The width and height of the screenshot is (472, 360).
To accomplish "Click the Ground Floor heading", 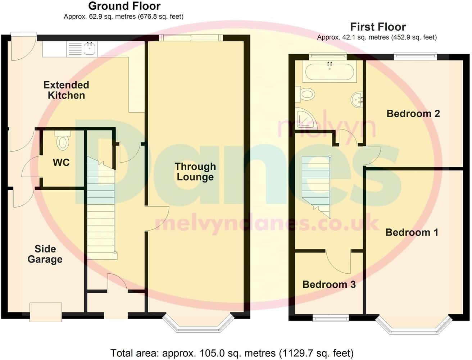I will (x=124, y=6).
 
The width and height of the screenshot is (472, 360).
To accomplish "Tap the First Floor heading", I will (x=378, y=27).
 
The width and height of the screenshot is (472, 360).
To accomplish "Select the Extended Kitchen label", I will (x=66, y=90).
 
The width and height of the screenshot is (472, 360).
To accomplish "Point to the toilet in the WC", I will (x=63, y=141).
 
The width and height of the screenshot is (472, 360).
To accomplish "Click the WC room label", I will (x=61, y=163).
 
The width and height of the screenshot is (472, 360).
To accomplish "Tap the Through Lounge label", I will (x=195, y=172).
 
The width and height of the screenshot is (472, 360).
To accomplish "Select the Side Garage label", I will (x=45, y=254).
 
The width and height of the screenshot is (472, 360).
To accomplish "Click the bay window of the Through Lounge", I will (x=197, y=323).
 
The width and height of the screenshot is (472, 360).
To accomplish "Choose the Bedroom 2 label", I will (x=413, y=114).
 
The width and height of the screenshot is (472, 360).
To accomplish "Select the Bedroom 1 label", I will (x=412, y=232).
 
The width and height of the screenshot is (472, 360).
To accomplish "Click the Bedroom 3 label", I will (x=329, y=284).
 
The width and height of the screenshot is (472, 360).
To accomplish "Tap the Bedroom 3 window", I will (x=330, y=318).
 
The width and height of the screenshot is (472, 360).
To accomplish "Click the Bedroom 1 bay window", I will (x=413, y=325).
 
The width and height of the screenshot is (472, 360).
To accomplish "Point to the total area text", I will (x=232, y=353).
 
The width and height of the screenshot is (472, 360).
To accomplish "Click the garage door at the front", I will (x=46, y=312).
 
